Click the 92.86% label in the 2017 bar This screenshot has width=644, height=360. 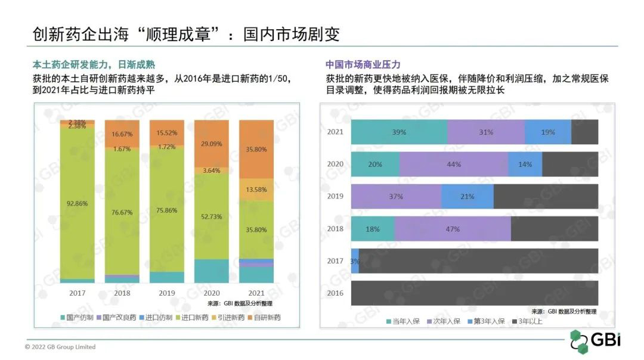[77, 203]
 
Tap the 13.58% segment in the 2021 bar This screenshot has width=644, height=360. [256, 190]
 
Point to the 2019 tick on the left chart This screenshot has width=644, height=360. [166, 293]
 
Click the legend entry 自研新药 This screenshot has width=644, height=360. [265, 318]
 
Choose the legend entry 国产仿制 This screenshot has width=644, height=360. [77, 318]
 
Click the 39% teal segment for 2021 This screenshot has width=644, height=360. [399, 132]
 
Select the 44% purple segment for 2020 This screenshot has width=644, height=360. [454, 164]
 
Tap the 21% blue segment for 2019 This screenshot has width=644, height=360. [467, 197]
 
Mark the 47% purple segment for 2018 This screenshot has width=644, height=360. [453, 229]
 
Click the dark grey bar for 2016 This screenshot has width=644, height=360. [474, 293]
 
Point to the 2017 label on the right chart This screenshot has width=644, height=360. [335, 261]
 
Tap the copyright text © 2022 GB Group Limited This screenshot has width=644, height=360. [60, 347]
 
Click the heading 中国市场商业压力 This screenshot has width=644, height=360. [363, 64]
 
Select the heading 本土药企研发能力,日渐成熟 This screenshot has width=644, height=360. [98, 64]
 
